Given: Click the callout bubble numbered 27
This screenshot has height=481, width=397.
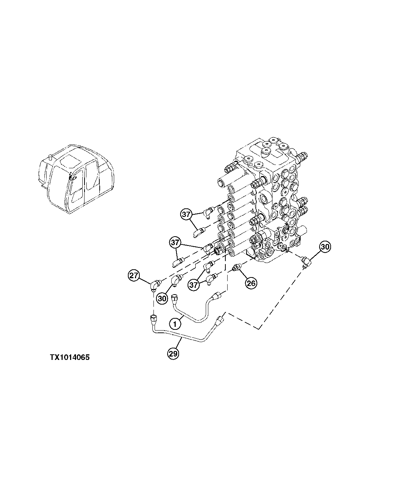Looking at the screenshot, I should point(134,276).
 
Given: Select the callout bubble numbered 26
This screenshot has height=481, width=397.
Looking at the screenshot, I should point(251,283).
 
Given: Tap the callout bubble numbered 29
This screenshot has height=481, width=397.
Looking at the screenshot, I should point(173,354).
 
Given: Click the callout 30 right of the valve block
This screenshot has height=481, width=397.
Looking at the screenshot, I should point(325,247).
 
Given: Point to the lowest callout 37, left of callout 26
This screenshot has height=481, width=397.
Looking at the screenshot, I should point(193,285).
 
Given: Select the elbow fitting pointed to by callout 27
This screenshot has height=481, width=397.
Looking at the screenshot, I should point(155,285).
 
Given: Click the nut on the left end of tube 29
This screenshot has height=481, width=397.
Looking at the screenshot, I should point(153,319).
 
